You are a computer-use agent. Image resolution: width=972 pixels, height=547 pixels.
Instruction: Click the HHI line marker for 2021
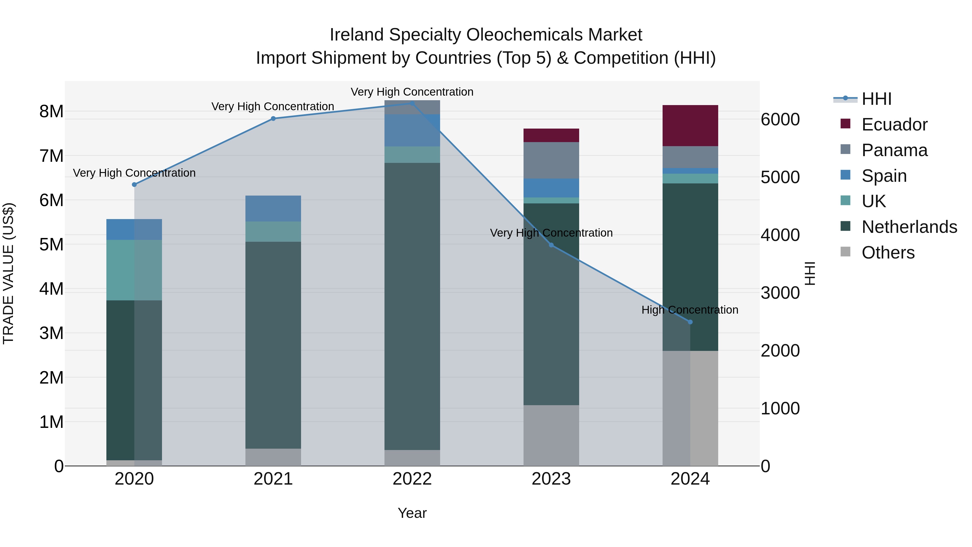coord(273,119)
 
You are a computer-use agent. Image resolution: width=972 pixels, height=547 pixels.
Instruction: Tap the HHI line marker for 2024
coord(690,322)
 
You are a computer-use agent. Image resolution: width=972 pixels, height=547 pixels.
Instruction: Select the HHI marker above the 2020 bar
coord(134,184)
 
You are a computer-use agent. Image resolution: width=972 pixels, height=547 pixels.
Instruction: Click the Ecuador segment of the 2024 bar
coord(690,126)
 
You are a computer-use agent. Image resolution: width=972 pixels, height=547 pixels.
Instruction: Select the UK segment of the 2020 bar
coord(134,270)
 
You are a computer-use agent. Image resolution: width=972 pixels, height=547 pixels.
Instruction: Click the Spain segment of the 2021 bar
coord(273,208)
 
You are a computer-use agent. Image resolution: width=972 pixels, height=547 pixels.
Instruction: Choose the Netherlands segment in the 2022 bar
coord(412,306)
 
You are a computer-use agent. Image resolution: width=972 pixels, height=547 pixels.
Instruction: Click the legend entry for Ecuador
coord(894,125)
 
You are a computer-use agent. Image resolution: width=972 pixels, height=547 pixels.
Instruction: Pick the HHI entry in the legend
coord(876,99)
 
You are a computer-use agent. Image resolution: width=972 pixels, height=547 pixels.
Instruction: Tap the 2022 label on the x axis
coord(412,479)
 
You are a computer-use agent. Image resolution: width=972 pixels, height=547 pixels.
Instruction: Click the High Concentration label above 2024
coord(690,310)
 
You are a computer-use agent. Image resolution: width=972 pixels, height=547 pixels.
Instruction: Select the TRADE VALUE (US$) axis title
coord(8,273)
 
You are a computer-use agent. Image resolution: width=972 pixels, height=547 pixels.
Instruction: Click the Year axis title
coord(412,513)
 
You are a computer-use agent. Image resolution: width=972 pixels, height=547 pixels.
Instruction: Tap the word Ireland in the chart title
coord(357,35)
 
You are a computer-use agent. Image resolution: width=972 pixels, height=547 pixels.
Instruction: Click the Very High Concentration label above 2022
coord(412,92)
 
